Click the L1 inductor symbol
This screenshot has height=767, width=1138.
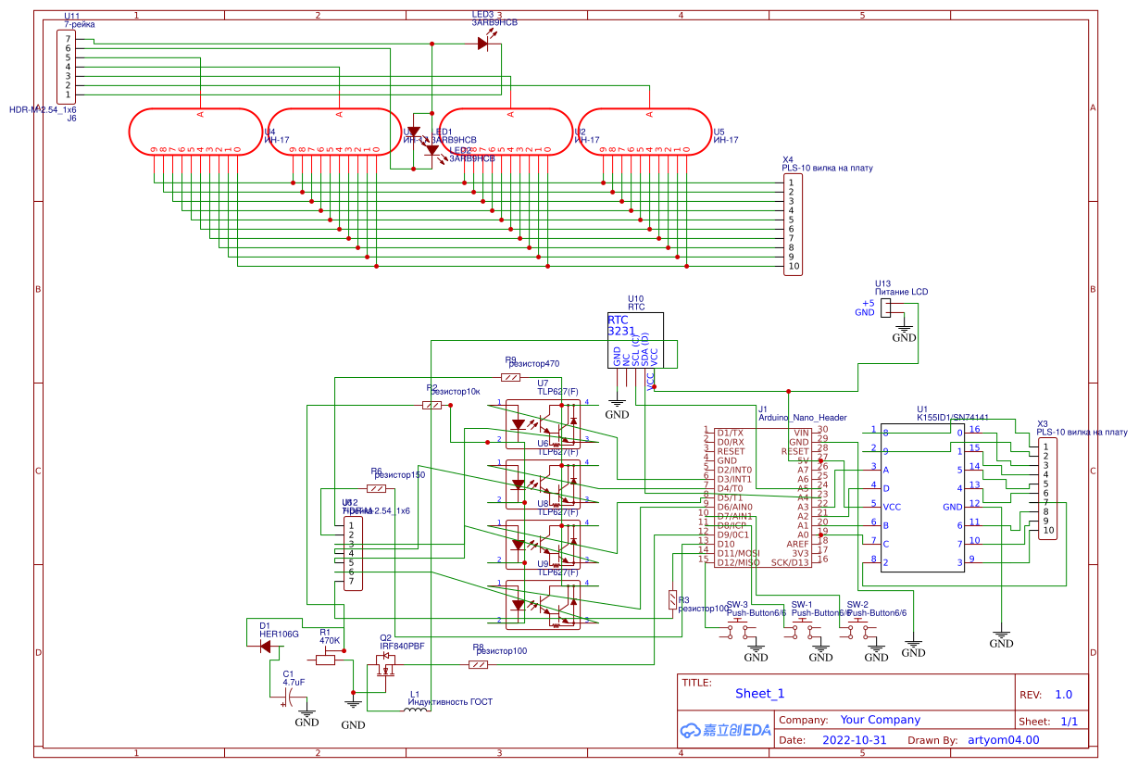tap(417, 710)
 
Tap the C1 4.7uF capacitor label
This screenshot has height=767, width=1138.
tap(294, 678)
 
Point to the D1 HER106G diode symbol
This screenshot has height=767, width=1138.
tap(269, 647)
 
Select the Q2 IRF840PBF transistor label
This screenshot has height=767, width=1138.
tap(402, 647)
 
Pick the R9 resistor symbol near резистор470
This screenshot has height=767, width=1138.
tap(511, 377)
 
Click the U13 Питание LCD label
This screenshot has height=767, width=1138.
tap(901, 292)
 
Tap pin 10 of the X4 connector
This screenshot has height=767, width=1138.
tap(794, 266)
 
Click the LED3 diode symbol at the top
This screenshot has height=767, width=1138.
tap(483, 43)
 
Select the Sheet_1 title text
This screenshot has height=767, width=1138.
tap(759, 693)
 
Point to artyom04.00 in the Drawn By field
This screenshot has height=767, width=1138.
tap(1004, 740)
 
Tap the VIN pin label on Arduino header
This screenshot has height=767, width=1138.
tap(801, 433)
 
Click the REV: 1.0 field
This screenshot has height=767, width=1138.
tap(1046, 694)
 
